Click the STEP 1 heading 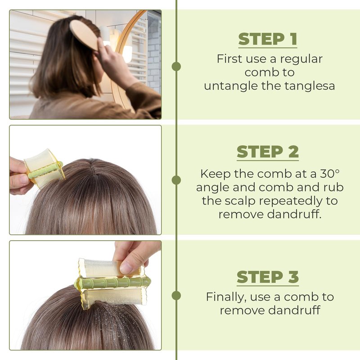pos(268,39)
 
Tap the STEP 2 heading pos(268,152)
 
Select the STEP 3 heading pos(268,277)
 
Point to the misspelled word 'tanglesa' pos(310,85)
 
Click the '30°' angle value pos(330,174)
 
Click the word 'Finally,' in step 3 pos(226,297)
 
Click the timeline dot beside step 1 pos(176,66)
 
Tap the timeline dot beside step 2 pos(176,180)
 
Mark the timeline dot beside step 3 pos(176,295)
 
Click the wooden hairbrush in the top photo pos(85,34)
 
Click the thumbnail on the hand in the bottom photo pos(126,268)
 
